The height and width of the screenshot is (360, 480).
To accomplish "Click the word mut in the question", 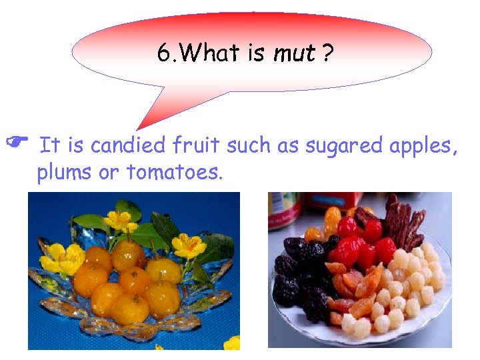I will pos(293,53).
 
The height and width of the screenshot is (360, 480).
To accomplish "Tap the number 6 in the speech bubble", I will pos(163,53).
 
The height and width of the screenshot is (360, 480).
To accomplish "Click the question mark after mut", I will pos(327,53).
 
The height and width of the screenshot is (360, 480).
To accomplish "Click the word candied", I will pos(129,145).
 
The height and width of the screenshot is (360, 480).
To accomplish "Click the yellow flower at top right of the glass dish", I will pos(189,245).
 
